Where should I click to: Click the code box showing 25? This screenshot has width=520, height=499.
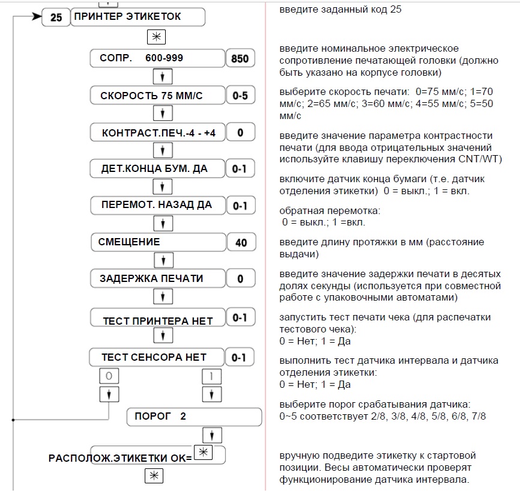[x=56, y=17]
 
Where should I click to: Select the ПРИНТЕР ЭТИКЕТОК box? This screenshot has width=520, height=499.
[x=138, y=17]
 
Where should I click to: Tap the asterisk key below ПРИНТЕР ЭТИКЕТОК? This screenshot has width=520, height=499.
[x=156, y=37]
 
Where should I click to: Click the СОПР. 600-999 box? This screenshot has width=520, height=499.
[x=156, y=58]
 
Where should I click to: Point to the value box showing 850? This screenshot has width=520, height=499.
[x=240, y=59]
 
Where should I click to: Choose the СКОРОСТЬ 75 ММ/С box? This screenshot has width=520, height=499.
[x=156, y=96]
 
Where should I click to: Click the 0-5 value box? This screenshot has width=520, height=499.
[x=240, y=96]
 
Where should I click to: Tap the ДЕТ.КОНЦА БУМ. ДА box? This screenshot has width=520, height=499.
[x=156, y=169]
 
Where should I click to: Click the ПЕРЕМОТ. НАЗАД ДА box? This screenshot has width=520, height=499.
[x=157, y=205]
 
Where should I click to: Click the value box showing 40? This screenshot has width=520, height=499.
[x=241, y=243]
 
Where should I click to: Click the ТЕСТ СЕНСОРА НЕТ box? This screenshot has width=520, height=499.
[x=156, y=357]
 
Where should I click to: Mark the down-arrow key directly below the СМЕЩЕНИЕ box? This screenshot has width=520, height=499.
[x=163, y=260]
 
